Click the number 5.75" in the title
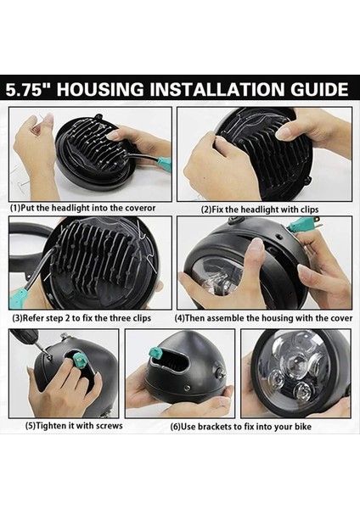[36, 89]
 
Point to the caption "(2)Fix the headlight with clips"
[260, 208]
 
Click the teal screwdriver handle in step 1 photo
[163, 160]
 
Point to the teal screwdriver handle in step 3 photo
[19, 297]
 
